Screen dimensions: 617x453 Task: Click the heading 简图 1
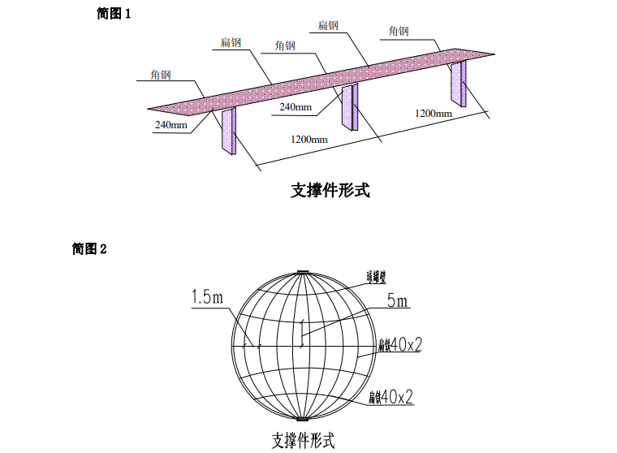pyautogui.click(x=114, y=15)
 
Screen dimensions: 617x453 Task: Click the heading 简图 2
pyautogui.click(x=89, y=249)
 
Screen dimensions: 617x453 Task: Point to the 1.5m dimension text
pyautogui.click(x=207, y=298)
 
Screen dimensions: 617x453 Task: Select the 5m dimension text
pyautogui.click(x=398, y=302)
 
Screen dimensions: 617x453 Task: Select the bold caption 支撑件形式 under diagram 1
pyautogui.click(x=330, y=192)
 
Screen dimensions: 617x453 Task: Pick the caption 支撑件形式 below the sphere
pyautogui.click(x=303, y=441)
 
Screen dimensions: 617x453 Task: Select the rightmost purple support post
pyautogui.click(x=459, y=84)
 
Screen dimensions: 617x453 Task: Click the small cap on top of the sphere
pyautogui.click(x=303, y=271)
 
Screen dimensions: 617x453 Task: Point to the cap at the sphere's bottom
pyautogui.click(x=303, y=420)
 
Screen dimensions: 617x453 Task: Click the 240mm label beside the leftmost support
pyautogui.click(x=171, y=125)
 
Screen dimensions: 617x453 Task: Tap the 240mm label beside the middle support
pyautogui.click(x=296, y=107)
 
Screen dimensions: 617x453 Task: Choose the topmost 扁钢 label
pyautogui.click(x=328, y=25)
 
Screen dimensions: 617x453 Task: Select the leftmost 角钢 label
pyautogui.click(x=160, y=75)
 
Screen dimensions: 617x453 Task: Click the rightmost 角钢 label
pyautogui.click(x=399, y=32)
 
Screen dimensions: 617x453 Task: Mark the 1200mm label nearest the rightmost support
pyautogui.click(x=434, y=113)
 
